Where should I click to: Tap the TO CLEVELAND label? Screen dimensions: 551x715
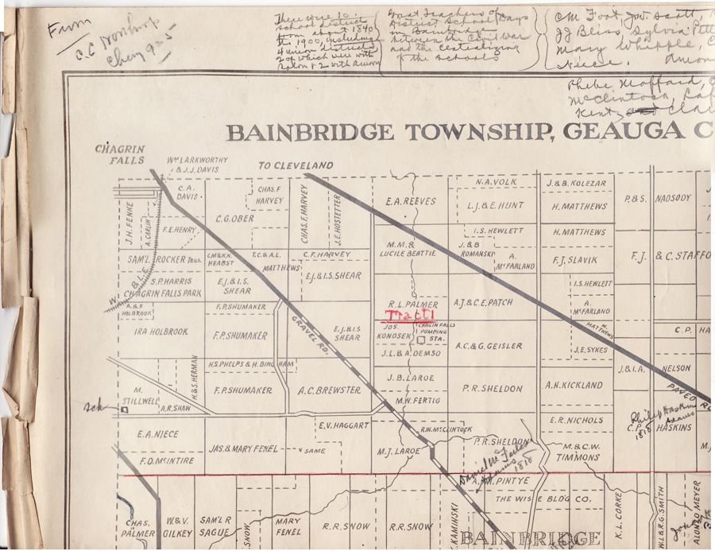[296, 165]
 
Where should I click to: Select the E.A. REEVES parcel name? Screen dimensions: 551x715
[410, 202]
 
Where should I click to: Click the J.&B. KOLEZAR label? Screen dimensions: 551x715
[576, 183]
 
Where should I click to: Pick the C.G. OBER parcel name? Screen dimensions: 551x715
[234, 218]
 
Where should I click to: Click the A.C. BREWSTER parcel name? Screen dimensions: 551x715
[330, 390]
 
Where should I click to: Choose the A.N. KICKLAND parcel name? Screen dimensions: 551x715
[574, 385]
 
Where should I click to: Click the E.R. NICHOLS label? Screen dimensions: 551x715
[576, 420]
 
